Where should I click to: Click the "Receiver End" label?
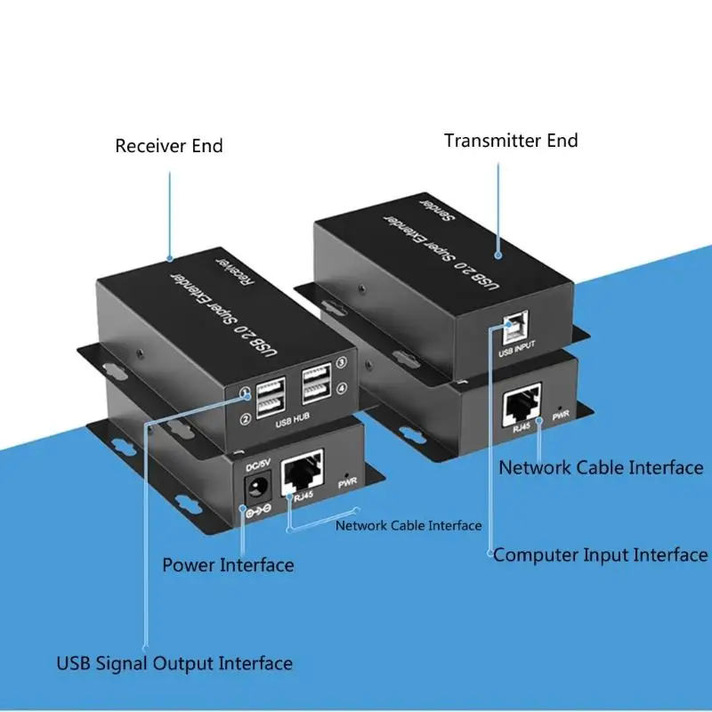(x=169, y=146)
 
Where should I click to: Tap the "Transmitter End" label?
(x=511, y=141)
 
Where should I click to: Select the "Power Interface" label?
(x=228, y=564)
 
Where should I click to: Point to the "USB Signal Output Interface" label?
(x=174, y=663)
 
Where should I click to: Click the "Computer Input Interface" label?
(x=601, y=555)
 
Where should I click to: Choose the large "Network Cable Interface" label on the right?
(x=601, y=467)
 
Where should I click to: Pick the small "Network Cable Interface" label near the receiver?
(x=409, y=525)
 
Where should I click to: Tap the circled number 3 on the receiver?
(x=341, y=362)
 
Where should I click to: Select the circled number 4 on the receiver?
(x=340, y=387)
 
